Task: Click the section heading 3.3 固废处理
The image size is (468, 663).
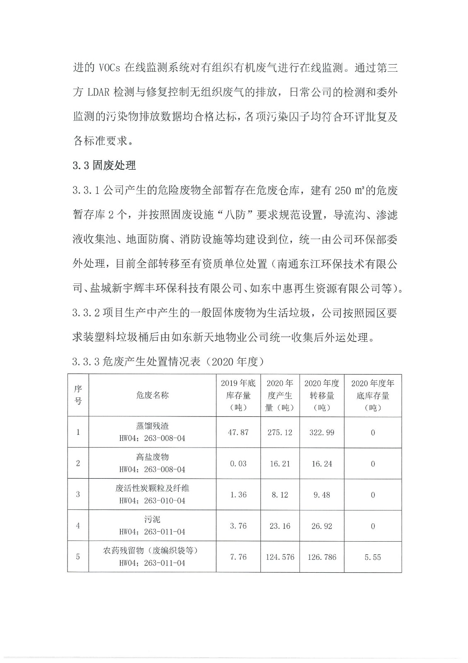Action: [x=104, y=165]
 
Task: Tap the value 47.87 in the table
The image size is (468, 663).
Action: [x=238, y=432]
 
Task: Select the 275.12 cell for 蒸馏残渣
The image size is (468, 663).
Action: [x=280, y=432]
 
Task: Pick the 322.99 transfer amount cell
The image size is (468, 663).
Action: [x=322, y=432]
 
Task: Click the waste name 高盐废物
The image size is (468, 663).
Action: [x=152, y=457]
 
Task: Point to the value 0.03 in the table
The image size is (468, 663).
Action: [x=238, y=463]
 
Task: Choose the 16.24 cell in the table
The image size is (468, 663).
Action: [x=322, y=464]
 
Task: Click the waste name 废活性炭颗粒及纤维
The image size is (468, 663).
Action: [x=152, y=488]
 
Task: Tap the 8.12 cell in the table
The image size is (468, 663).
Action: [x=280, y=495]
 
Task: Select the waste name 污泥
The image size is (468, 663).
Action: [x=152, y=519]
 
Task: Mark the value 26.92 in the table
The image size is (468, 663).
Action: [x=322, y=526]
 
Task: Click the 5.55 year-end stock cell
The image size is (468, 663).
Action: [x=373, y=557]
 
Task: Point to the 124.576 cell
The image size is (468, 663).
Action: [x=280, y=557]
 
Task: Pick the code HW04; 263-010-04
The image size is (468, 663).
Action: [x=152, y=501]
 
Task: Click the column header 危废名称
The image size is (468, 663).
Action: [x=152, y=395]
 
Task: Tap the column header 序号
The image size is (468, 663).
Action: [x=78, y=395]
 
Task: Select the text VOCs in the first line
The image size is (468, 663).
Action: [x=110, y=68]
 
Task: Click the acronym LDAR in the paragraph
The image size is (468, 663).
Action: [x=99, y=92]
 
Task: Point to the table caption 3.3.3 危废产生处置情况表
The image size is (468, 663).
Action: [x=168, y=361]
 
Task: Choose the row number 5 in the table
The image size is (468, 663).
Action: [x=78, y=557]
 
